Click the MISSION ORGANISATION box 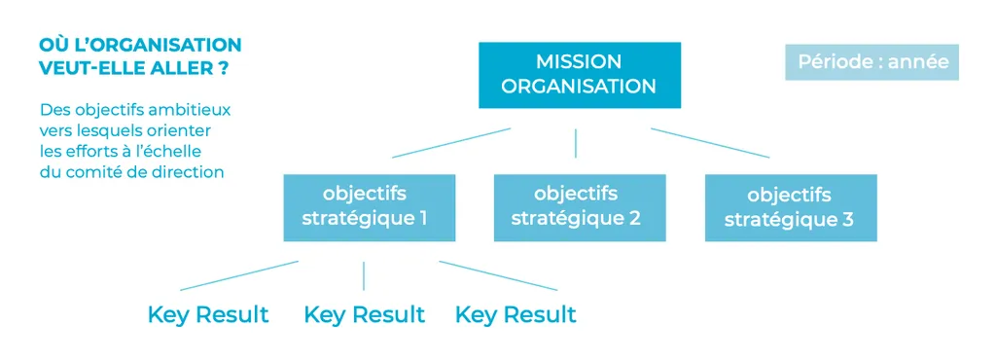[579, 74]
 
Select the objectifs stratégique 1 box [369, 207]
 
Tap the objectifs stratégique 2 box [579, 207]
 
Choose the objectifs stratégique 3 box [790, 207]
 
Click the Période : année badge [871, 61]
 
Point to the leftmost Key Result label [208, 315]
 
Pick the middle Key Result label [364, 315]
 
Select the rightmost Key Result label [516, 315]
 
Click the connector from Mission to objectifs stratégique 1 [450, 143]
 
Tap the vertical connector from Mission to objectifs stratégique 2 [576, 143]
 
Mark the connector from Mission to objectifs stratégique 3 [709, 143]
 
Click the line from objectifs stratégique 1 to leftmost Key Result [239, 275]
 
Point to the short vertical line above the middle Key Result [364, 275]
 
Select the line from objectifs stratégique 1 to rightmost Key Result [498, 275]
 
